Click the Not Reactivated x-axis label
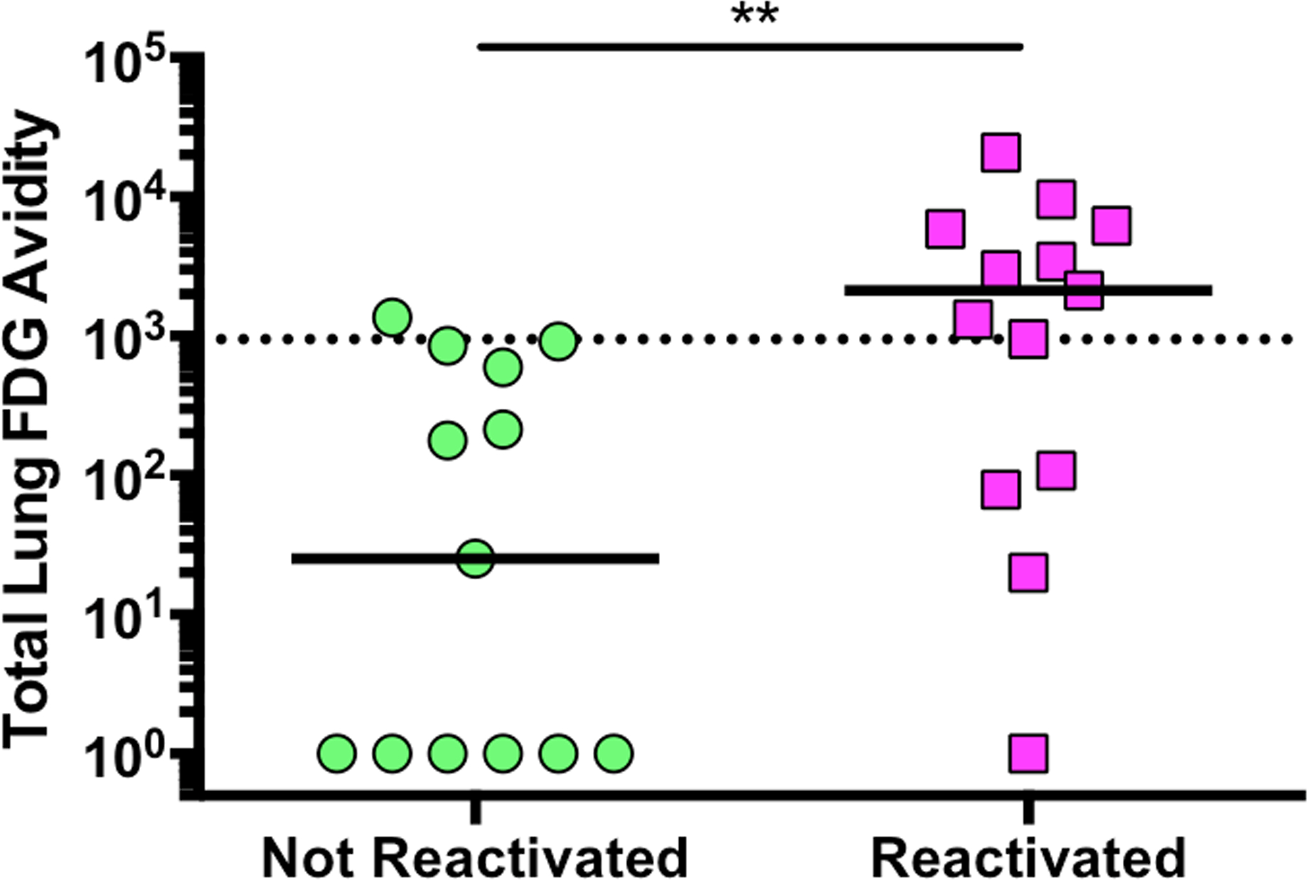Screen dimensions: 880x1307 [x=474, y=858]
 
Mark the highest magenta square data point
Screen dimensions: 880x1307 [x=1001, y=152]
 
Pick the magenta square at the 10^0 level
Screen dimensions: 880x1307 [x=1028, y=753]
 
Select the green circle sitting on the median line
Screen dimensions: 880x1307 [x=476, y=558]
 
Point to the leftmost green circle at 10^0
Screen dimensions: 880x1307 [x=337, y=753]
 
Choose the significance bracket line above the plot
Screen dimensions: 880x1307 [x=750, y=47]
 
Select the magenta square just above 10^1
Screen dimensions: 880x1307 [x=1028, y=574]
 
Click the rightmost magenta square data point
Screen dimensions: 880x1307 [x=1111, y=226]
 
